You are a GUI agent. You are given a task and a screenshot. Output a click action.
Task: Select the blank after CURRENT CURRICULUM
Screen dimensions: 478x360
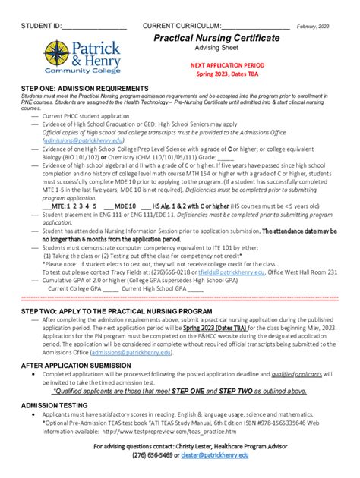coord(255,27)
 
